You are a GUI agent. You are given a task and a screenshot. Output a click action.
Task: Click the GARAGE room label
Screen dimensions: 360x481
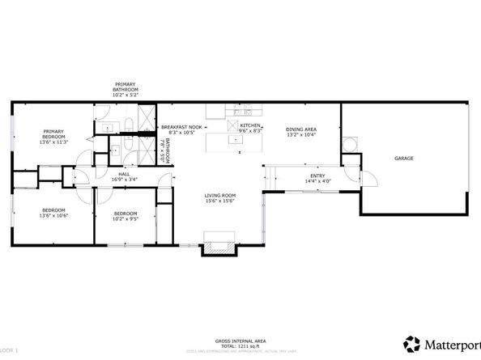tap(404, 158)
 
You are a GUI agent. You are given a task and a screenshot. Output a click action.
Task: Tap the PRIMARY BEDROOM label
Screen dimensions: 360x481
tap(54, 133)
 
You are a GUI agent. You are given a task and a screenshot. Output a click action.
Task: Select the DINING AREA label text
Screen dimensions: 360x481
tap(300, 129)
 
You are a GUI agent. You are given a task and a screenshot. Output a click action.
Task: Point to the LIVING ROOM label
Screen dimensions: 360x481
tap(219, 195)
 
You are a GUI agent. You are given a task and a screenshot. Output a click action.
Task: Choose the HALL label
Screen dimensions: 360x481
tap(124, 174)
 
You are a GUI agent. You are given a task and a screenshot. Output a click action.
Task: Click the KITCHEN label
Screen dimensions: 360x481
tap(249, 126)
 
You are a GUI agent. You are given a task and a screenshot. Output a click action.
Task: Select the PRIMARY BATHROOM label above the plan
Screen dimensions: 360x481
tap(125, 87)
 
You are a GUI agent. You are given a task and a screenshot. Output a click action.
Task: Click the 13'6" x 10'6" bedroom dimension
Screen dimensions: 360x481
tap(54, 216)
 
